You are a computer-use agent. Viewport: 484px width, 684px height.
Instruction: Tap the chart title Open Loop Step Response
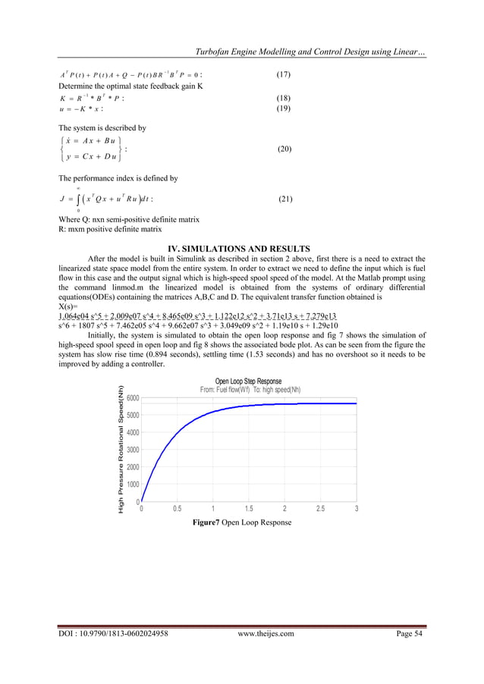[248, 381]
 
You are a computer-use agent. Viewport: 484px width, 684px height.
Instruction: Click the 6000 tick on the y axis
[132, 398]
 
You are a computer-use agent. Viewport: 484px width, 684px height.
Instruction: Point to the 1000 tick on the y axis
[132, 485]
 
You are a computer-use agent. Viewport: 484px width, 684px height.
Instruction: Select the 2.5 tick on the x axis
[320, 509]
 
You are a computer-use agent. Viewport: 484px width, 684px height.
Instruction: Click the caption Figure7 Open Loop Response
[241, 522]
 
